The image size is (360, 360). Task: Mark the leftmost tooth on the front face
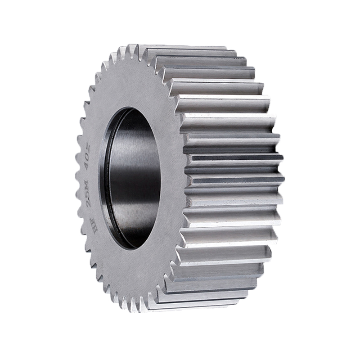pyautogui.click(x=78, y=180)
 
